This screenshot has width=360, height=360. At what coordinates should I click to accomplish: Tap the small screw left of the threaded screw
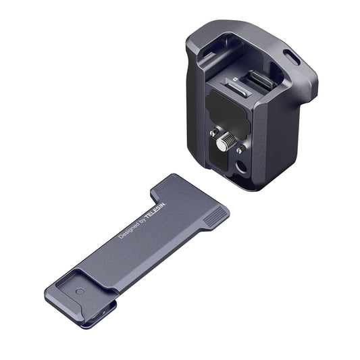point(215,132)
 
